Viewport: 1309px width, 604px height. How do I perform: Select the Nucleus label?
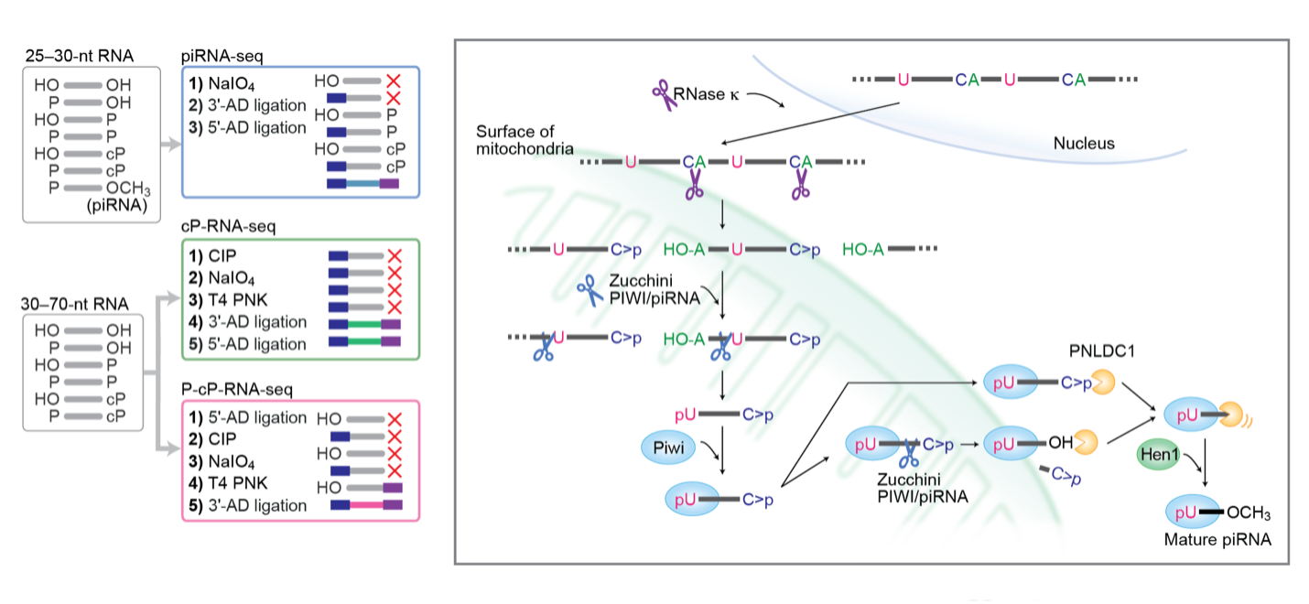coord(1084,143)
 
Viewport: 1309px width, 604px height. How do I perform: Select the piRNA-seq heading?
coord(221,57)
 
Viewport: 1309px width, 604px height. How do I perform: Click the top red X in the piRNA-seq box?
coord(394,81)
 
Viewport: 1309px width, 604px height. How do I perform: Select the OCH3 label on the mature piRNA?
coord(1249,512)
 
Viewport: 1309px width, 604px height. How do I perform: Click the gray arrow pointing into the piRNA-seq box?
coord(168,145)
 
